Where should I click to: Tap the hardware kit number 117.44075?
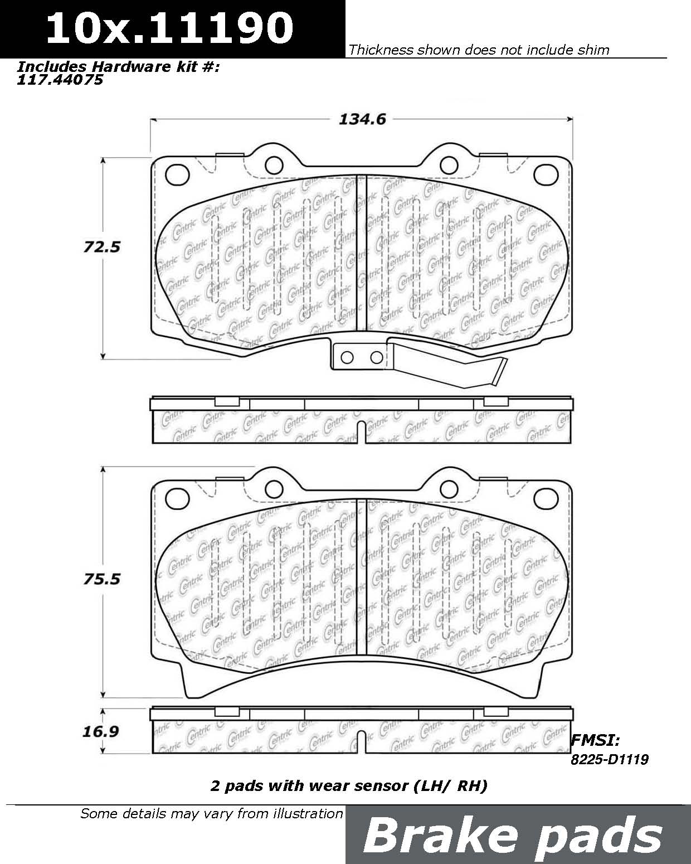(x=60, y=80)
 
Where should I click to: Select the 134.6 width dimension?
(x=362, y=119)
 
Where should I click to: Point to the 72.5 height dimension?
(x=102, y=247)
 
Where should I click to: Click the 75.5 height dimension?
(x=102, y=579)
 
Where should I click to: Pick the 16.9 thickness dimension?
(x=101, y=731)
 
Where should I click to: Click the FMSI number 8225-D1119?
(x=610, y=760)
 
